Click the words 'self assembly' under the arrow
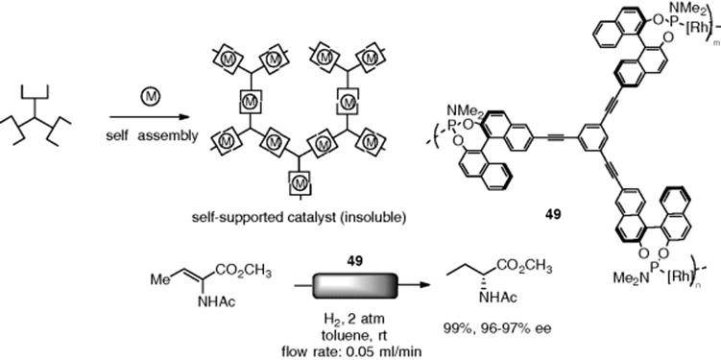pyautogui.click(x=151, y=135)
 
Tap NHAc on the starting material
pyautogui.click(x=216, y=302)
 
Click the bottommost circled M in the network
pyautogui.click(x=300, y=183)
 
